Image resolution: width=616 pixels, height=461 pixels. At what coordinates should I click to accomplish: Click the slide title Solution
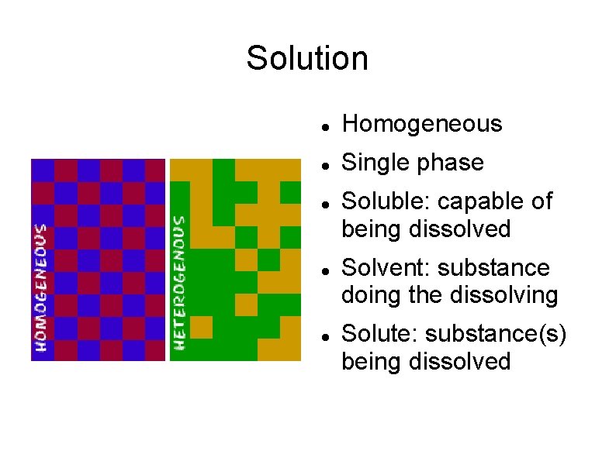coord(307,58)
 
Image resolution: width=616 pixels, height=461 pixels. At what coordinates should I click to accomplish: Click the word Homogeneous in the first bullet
coord(422,124)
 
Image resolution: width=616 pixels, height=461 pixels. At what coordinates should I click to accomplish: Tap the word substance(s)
coord(497,335)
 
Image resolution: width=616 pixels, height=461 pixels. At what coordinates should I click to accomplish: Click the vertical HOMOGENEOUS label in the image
coord(40,287)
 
